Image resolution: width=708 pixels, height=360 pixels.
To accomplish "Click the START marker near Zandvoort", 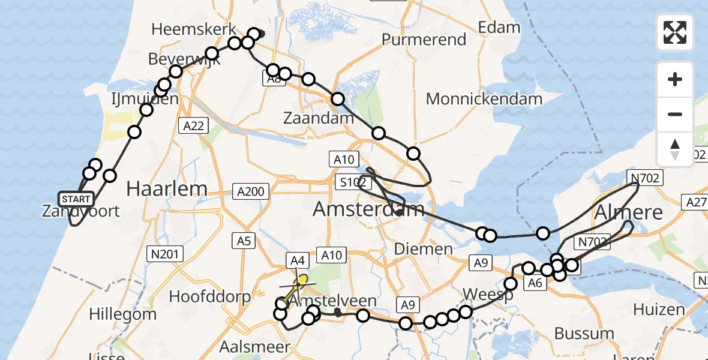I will coord(76,199).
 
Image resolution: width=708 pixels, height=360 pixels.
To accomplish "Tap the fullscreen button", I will coord(675,32).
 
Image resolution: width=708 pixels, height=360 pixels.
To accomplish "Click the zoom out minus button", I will coord(675,114).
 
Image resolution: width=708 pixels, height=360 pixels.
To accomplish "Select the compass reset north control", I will coord(675,149).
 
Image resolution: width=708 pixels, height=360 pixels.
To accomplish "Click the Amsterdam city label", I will coord(368,209).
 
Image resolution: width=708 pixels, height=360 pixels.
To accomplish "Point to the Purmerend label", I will coord(424,40).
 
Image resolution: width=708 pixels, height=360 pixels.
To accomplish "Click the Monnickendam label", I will coord(484,98).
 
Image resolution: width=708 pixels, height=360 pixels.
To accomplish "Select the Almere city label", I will coord(629,212).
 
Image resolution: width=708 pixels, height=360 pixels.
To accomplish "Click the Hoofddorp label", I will coord(205,296).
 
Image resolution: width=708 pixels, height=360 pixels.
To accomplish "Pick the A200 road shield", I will coord(250,192).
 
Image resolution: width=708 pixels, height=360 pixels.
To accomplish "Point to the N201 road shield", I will coord(166,254).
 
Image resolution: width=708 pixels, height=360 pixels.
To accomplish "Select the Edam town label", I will coord(499,27).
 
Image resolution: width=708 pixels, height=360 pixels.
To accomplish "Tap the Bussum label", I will coord(584,333).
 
